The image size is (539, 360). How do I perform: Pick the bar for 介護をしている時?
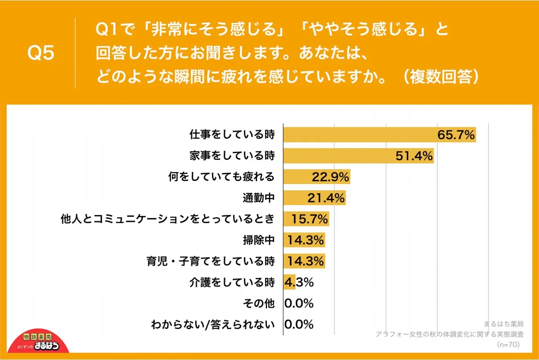click(289, 283)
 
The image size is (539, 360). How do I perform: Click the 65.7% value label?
click(456, 135)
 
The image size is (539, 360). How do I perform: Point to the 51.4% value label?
click(414, 156)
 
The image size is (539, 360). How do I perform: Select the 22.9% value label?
click(330, 177)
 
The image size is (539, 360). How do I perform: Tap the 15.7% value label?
click(310, 219)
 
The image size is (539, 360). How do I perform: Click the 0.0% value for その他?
click(299, 304)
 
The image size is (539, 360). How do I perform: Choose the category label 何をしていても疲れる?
click(221, 177)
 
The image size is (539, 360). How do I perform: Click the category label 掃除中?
click(258, 240)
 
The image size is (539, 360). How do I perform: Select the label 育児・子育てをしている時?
click(210, 261)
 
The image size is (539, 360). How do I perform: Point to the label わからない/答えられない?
click(213, 325)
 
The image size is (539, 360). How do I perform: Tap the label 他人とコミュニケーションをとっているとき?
click(167, 219)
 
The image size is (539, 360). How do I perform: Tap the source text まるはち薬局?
click(503, 323)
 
